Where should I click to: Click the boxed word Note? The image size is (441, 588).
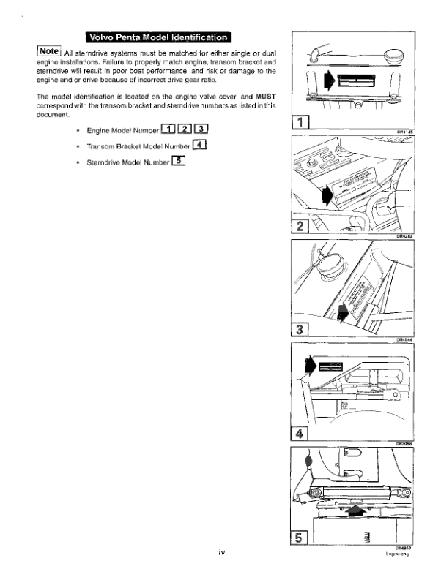(48, 51)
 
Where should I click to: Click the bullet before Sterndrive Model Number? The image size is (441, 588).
(78, 162)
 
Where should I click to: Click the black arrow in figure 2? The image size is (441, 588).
(326, 193)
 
